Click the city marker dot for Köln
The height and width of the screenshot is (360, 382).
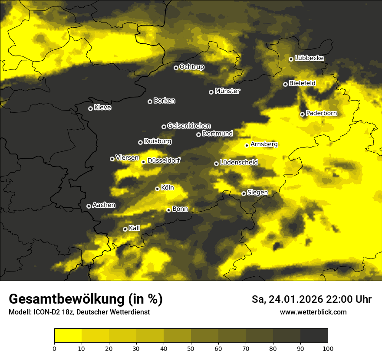point(157,189)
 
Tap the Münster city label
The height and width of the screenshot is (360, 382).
point(227,91)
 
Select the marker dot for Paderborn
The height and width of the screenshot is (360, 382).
point(302,114)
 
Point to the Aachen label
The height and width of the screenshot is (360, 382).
point(104,205)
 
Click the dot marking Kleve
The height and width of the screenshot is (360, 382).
point(90,108)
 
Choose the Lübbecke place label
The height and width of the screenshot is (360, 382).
point(309,58)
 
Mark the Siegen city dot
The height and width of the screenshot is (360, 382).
point(244,193)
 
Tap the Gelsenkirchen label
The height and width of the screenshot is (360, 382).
point(189,126)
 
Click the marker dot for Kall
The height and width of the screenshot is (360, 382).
point(125,229)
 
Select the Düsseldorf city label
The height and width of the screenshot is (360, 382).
point(164,160)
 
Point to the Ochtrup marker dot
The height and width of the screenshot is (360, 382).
point(176,68)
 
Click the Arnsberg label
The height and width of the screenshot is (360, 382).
point(264,144)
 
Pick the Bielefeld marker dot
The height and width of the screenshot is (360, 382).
point(285,84)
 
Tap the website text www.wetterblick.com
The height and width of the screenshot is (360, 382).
point(313,312)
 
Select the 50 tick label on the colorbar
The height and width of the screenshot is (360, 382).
point(191,348)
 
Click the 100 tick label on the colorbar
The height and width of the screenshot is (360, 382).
point(328,348)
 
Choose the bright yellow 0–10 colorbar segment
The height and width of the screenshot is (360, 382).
point(68,335)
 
